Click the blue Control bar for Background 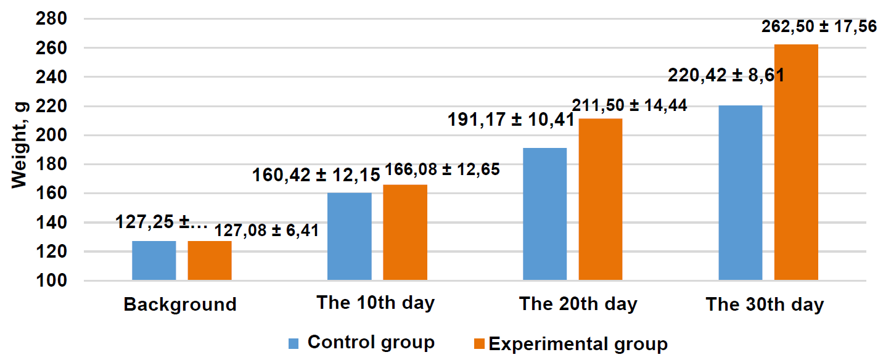(x=154, y=261)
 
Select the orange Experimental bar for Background (x=210, y=261)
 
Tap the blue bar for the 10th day (x=349, y=236)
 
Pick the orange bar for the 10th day (x=405, y=232)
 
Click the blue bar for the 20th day (x=544, y=214)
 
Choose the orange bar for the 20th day (x=600, y=199)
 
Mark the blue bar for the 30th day (x=741, y=193)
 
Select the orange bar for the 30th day (x=796, y=162)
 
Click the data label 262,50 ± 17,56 (x=819, y=27)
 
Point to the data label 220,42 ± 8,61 (x=726, y=75)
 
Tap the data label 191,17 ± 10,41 (x=511, y=120)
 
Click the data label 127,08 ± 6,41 (x=266, y=231)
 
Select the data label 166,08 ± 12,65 (x=442, y=170)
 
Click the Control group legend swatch (x=294, y=344)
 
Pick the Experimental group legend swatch (x=479, y=344)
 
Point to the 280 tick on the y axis (x=51, y=18)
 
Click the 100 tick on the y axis (x=51, y=281)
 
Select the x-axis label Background (x=180, y=305)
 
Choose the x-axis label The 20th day (x=578, y=305)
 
